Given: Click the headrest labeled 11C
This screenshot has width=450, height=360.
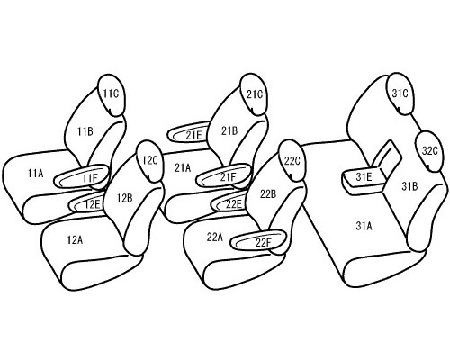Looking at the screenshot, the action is pos(112,94).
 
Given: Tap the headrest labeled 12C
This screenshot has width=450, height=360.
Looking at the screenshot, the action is pos(150,161).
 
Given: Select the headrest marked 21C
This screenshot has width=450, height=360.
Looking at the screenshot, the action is pos(255,94).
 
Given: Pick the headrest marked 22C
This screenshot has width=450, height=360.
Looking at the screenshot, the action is pos(292,161).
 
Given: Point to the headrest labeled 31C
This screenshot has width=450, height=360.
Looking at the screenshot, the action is pos(400,94).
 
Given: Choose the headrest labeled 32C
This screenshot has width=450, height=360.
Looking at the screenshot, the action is pos(429,151).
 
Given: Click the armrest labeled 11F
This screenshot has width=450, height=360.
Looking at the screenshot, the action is pos(81,176).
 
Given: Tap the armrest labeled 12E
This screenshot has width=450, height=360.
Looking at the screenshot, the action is pos(87,204).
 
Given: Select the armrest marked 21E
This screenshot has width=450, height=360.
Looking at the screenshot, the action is pos(190,132).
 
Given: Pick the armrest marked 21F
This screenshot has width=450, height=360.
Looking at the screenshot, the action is pos(224,176).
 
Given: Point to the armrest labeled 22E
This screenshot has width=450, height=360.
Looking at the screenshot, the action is pos(230,203).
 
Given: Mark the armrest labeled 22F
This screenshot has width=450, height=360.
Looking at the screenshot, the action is pos(259,240).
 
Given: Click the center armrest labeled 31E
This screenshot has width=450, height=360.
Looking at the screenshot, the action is pos(364,180).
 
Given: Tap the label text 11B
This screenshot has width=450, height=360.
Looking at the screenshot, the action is pos(85,131).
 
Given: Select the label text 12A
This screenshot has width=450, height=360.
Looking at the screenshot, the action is pos(75,239).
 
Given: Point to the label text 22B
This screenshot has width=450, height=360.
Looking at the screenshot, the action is pos(268,194).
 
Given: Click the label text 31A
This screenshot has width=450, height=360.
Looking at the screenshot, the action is pos(364,226).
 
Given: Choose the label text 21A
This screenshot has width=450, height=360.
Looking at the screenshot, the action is pos(183,168).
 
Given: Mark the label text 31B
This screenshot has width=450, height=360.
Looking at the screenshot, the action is pos(409,186).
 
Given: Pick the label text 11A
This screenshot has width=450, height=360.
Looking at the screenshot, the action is pos(36,173).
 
